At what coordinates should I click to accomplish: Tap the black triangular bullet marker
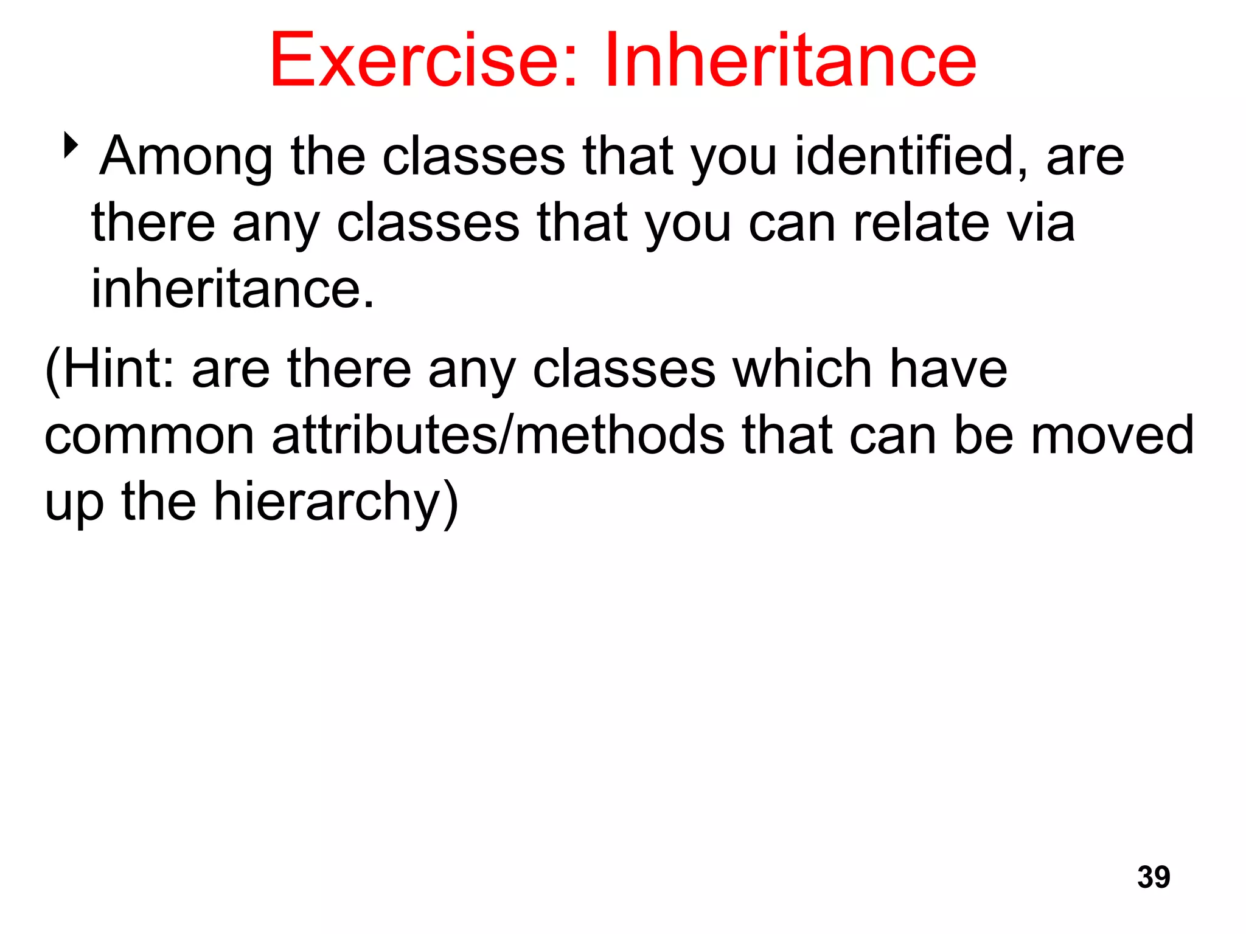[x=71, y=145]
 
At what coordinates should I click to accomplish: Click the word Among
[x=186, y=157]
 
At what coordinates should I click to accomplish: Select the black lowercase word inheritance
[x=232, y=289]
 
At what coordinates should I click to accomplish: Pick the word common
[x=150, y=436]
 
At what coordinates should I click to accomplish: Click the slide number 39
[x=1153, y=877]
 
